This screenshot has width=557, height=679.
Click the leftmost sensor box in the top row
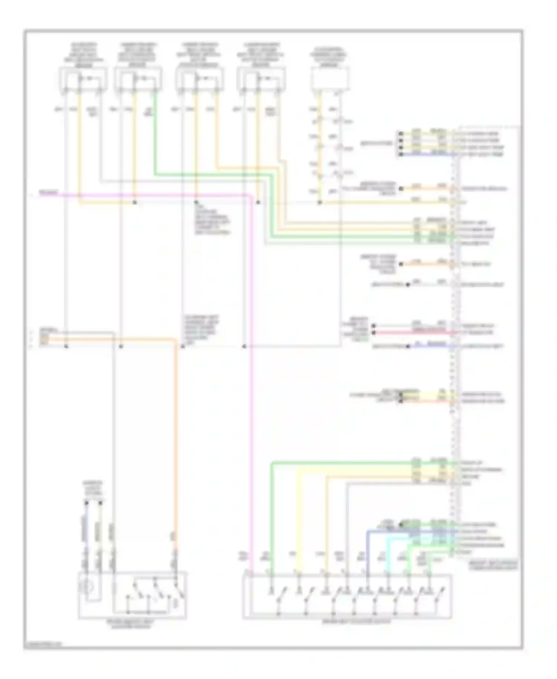pyautogui.click(x=84, y=79)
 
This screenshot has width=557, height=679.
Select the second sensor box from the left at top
pyautogui.click(x=138, y=79)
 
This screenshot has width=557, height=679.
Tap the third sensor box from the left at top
pyautogui.click(x=200, y=79)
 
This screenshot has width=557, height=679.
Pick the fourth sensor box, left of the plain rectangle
pyautogui.click(x=262, y=79)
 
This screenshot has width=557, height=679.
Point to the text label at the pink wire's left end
pyautogui.click(x=49, y=193)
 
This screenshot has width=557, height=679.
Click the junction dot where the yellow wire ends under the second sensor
pyautogui.click(x=135, y=203)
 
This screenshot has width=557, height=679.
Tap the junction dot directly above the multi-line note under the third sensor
pyautogui.click(x=196, y=203)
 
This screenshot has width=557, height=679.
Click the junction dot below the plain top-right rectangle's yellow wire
pyautogui.click(x=319, y=203)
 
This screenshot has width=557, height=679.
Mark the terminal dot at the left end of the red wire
pyautogui.click(x=374, y=332)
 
